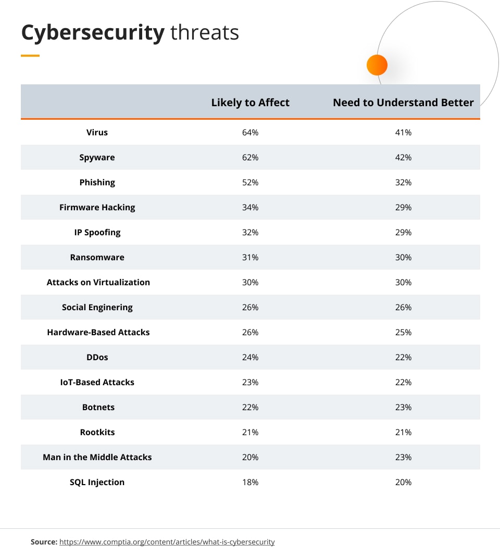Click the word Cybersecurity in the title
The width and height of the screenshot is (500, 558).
click(93, 33)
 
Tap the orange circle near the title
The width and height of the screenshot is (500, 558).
click(377, 66)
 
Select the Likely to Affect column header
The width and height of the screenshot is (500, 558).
click(250, 103)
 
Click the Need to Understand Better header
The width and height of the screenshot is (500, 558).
click(403, 103)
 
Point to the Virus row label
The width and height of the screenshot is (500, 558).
click(97, 132)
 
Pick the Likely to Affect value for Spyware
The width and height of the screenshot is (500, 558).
click(250, 157)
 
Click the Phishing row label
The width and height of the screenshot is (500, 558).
click(97, 182)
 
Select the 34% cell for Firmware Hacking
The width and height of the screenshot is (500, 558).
click(250, 207)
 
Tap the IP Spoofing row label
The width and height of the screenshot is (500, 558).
click(97, 232)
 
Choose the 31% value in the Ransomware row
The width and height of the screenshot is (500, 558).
click(250, 257)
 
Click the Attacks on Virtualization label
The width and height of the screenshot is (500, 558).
click(98, 282)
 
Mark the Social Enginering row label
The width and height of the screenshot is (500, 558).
click(97, 307)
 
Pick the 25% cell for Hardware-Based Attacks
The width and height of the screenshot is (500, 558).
click(403, 332)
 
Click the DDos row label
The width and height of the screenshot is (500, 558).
click(97, 357)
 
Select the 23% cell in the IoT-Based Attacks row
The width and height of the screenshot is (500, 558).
click(250, 382)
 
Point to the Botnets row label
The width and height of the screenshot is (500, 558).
click(98, 407)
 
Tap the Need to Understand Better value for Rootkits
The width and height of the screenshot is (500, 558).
click(403, 432)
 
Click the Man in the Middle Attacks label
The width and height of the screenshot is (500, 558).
click(97, 457)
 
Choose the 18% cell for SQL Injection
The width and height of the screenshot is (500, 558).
click(250, 482)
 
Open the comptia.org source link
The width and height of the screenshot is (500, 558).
click(167, 542)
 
